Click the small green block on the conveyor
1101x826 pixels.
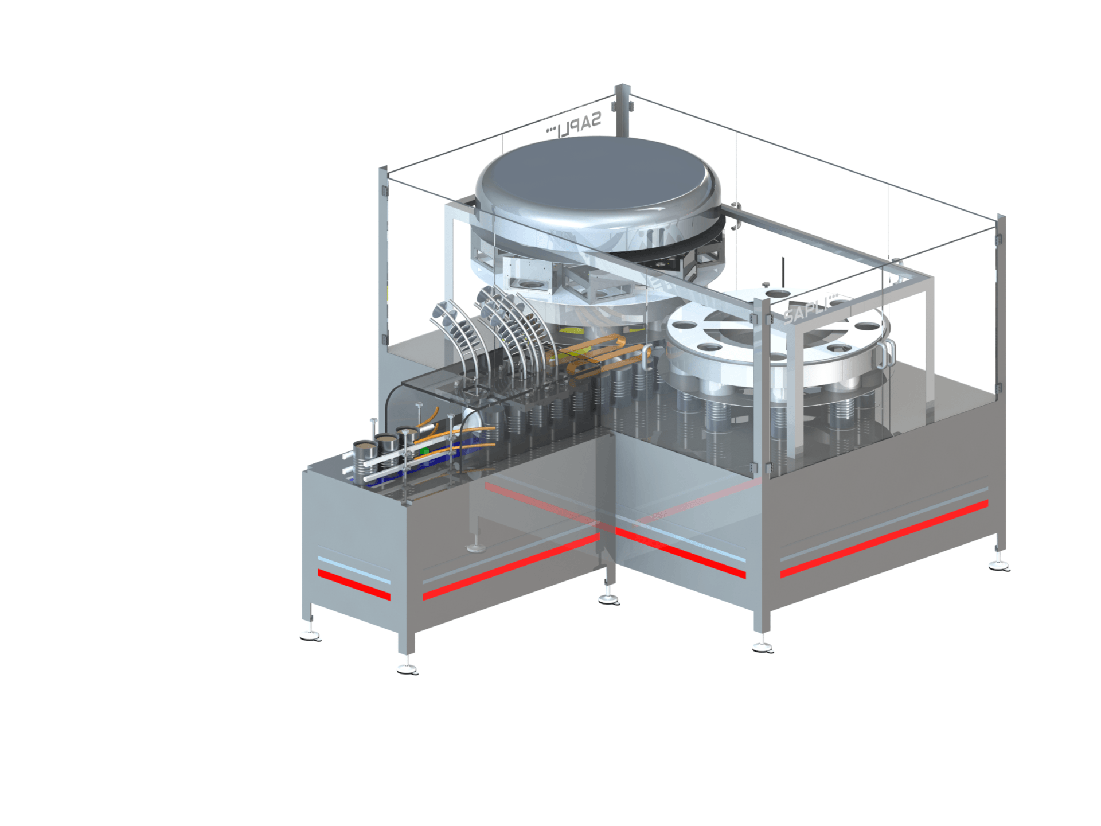[x=424, y=452]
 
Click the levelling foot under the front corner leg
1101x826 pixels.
[x=407, y=669]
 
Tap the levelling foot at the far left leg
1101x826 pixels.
[x=310, y=636]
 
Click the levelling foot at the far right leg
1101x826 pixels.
[x=1000, y=567]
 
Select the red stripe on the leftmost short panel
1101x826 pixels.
[x=353, y=585]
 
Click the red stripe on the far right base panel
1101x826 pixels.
[x=883, y=539]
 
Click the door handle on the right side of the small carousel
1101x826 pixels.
[x=888, y=353]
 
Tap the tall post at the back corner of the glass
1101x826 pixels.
[x=622, y=112]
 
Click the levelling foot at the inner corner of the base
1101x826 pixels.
[x=608, y=599]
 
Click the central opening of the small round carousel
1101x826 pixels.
[x=745, y=333]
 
